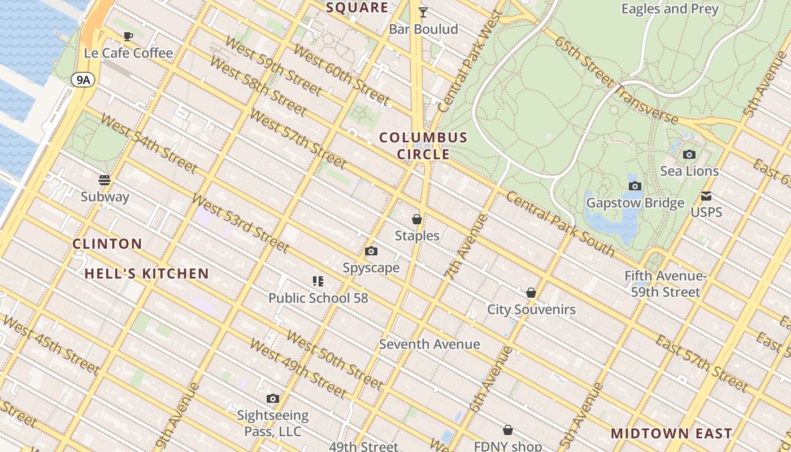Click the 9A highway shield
(83, 80)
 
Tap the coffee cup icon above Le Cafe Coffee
(128, 37)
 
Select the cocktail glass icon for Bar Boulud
(423, 12)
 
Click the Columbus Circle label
(423, 146)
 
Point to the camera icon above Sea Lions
(689, 154)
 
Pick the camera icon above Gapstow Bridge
(635, 186)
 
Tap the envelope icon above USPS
(706, 196)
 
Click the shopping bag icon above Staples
(417, 219)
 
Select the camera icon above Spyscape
(371, 251)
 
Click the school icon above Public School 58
(318, 281)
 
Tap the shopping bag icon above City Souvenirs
(531, 293)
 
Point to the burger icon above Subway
(105, 180)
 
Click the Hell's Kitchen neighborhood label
(147, 274)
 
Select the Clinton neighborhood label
(107, 244)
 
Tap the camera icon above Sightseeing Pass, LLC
(273, 399)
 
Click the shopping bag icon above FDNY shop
(508, 431)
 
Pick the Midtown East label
(672, 433)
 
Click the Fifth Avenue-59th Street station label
(666, 284)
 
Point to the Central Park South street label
(559, 224)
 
